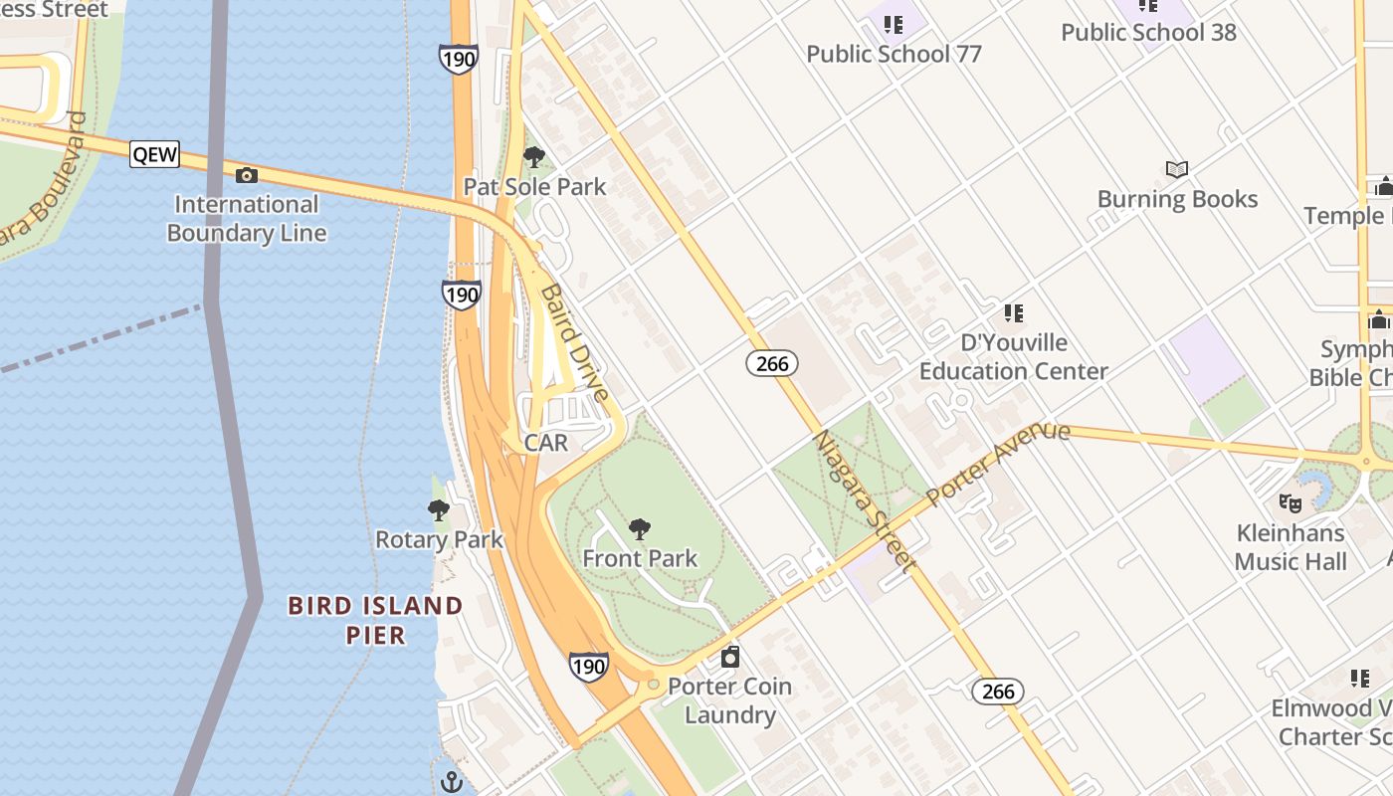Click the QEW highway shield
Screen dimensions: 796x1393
tap(154, 153)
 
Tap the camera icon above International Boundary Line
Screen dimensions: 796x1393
tap(247, 176)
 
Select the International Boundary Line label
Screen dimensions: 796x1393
tap(247, 219)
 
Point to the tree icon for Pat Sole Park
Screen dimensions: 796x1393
tap(534, 157)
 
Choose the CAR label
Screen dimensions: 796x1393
tap(545, 443)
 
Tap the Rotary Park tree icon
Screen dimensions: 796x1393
tap(439, 511)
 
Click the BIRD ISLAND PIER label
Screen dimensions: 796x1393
tap(375, 620)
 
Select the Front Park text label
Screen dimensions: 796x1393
tap(640, 558)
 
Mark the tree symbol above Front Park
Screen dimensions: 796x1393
tap(640, 529)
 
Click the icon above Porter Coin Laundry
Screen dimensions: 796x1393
tap(730, 657)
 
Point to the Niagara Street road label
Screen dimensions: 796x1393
tap(864, 500)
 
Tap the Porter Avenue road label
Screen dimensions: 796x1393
tap(998, 463)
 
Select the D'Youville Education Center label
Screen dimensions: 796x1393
tap(1013, 357)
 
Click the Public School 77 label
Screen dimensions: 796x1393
tap(894, 54)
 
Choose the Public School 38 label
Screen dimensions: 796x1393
tap(1148, 32)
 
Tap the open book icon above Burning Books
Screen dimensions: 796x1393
tap(1177, 170)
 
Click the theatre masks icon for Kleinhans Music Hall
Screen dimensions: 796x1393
tap(1291, 503)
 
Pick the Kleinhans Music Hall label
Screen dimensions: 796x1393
tap(1291, 547)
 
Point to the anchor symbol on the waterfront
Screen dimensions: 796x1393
tap(452, 780)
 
